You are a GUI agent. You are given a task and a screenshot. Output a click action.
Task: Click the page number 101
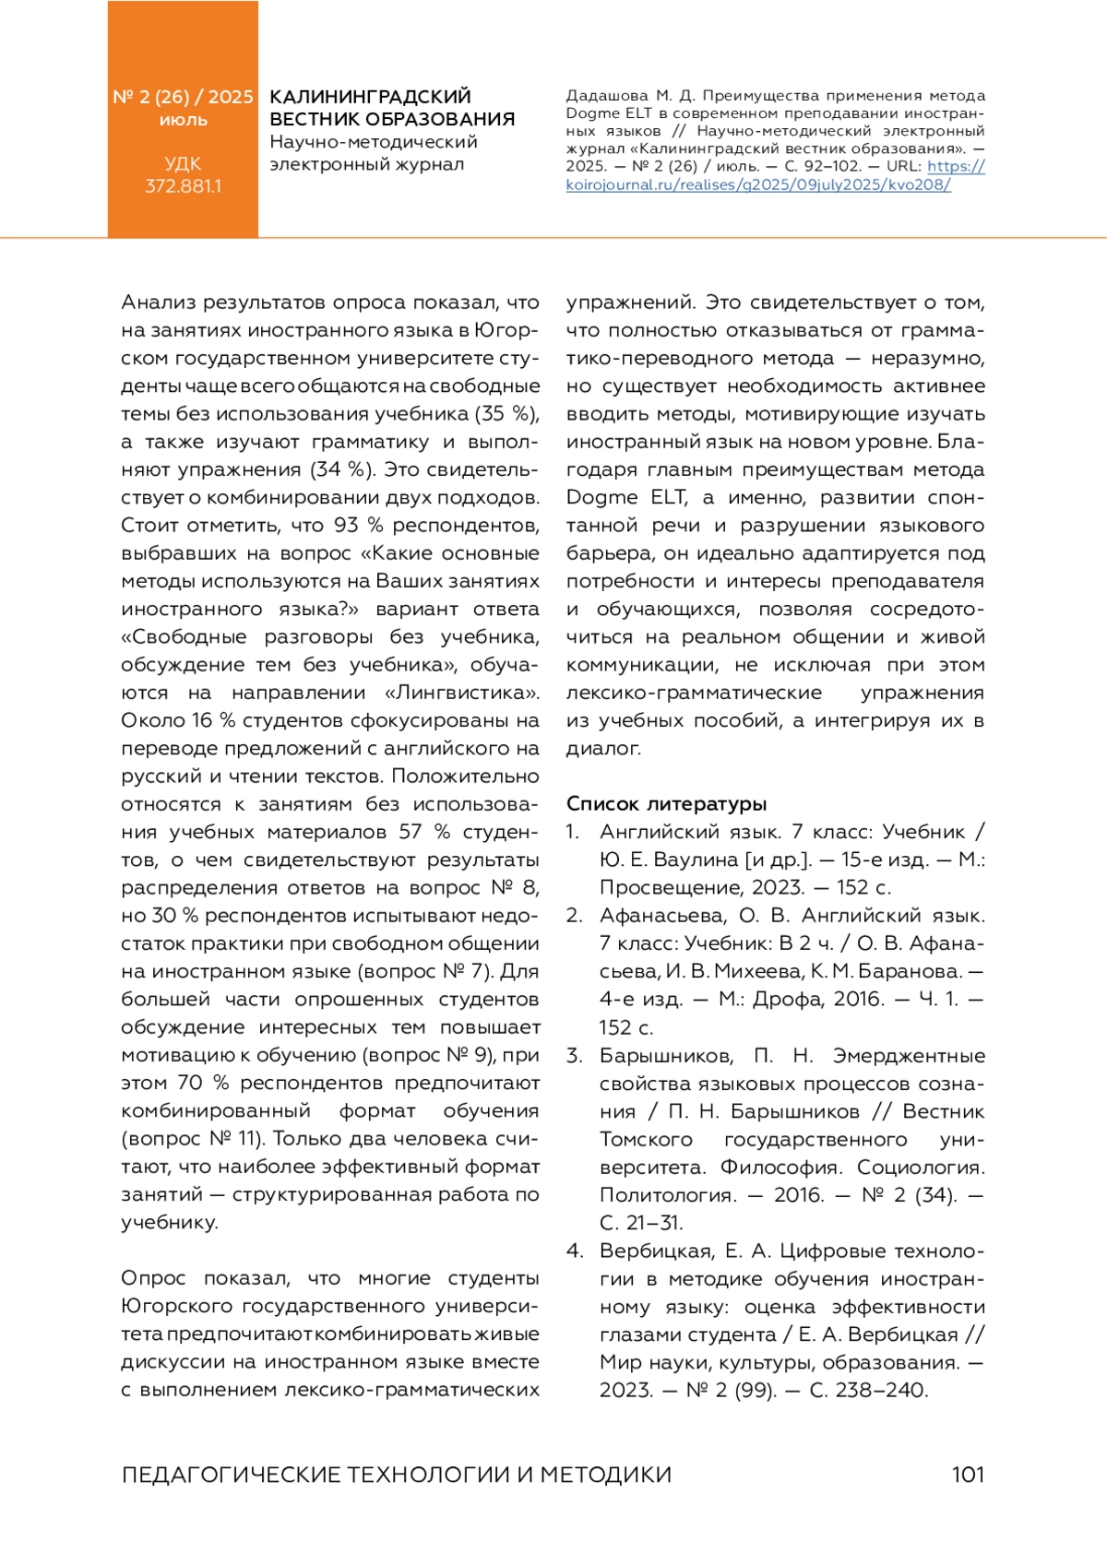[968, 1475]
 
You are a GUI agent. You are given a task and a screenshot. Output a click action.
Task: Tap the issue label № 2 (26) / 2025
[183, 97]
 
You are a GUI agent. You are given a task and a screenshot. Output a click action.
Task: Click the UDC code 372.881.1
[183, 186]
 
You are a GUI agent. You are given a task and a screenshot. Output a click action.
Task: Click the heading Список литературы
[666, 803]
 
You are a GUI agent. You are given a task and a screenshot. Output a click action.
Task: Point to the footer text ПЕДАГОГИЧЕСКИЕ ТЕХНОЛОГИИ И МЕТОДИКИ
[396, 1475]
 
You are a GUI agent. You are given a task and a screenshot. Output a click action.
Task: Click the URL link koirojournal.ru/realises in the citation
[758, 184]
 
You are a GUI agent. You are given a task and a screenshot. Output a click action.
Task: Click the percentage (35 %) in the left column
[507, 414]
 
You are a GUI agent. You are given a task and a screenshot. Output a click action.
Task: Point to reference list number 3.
[574, 1056]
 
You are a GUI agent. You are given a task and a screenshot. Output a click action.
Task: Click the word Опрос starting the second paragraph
[153, 1279]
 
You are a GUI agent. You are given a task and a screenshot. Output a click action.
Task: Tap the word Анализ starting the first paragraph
[158, 302]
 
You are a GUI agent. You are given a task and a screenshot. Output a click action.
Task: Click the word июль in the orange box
[183, 121]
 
